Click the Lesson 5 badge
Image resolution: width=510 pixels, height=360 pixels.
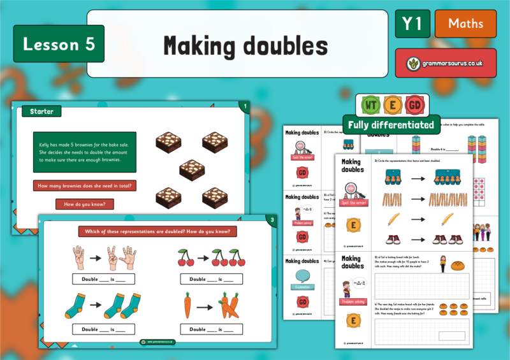click(x=59, y=44)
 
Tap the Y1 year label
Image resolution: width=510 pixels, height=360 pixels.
click(x=412, y=24)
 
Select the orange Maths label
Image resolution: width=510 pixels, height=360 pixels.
click(x=465, y=24)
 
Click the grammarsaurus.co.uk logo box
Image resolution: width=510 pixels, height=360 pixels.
click(x=446, y=63)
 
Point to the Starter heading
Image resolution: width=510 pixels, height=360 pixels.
click(x=41, y=112)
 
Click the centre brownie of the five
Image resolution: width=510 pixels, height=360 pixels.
click(x=192, y=169)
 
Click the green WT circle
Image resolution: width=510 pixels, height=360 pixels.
click(x=370, y=105)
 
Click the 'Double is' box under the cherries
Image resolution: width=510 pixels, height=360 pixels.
click(x=210, y=279)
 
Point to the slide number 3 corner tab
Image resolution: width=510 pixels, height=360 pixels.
click(x=271, y=220)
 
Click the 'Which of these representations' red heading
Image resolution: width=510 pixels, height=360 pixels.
click(x=154, y=231)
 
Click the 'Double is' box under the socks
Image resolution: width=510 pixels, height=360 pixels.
click(x=104, y=329)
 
